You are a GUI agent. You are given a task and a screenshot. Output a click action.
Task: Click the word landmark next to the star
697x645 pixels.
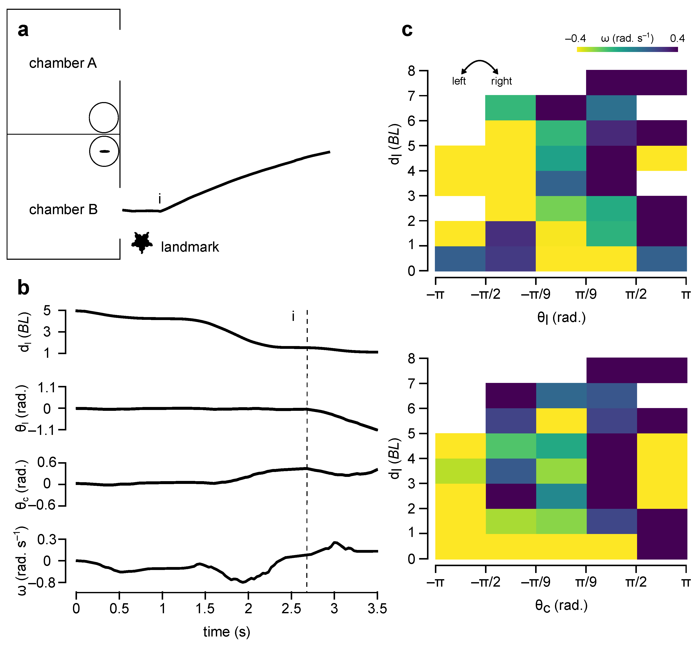[x=190, y=247]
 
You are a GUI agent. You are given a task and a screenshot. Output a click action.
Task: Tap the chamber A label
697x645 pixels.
[x=63, y=63]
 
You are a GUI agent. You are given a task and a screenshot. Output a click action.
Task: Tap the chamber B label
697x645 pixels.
[x=63, y=209]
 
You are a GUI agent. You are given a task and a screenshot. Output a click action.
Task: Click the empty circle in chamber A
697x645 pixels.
[x=104, y=118]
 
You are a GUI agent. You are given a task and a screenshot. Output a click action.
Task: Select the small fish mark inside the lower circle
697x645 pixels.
[x=105, y=151]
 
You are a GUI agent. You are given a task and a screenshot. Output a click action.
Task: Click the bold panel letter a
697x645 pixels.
[x=23, y=30]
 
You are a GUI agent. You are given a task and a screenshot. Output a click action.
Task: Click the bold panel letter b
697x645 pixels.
[x=23, y=288]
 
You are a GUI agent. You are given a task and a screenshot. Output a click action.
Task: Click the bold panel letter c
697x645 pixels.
[x=407, y=30]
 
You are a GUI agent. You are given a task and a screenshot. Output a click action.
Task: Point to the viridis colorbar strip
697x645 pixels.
[x=627, y=49]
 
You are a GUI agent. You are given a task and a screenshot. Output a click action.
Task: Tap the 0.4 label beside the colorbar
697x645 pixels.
[x=677, y=38]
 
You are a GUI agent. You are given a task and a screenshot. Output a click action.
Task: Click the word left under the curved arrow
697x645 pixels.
[x=459, y=81]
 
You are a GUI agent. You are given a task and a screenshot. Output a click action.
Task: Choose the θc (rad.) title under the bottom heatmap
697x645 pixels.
[x=561, y=606]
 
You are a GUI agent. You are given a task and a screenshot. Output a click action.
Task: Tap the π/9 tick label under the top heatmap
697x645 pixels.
[x=586, y=294]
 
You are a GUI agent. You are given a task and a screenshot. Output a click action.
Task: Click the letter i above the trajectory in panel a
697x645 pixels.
[x=160, y=199]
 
